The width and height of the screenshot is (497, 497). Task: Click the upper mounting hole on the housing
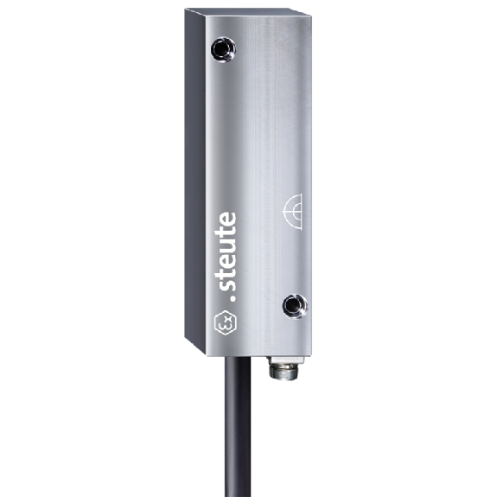pos(224,49)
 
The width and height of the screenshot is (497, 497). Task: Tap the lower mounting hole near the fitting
pos(295,306)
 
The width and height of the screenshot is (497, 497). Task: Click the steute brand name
pos(228,251)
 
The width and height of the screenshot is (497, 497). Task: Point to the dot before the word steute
pos(233,298)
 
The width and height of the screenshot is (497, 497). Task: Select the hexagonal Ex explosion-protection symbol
pos(226,322)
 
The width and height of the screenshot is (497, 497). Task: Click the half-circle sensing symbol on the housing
pos(292,212)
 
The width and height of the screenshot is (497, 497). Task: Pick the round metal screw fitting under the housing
pos(283,372)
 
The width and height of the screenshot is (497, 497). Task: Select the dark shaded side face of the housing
pos(195,181)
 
